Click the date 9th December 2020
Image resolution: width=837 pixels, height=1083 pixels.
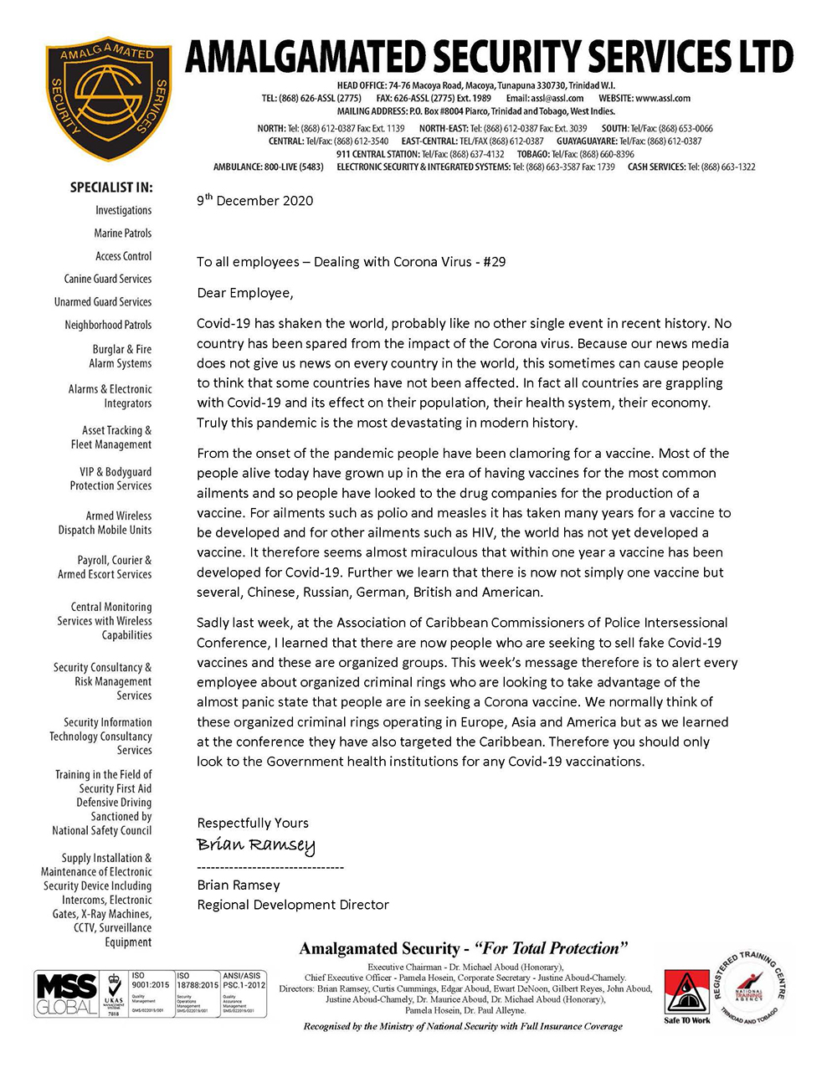254,201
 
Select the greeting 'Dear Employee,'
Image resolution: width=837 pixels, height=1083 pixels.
245,293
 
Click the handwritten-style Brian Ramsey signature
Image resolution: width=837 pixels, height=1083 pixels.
256,844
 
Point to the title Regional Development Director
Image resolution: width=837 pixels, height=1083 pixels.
293,905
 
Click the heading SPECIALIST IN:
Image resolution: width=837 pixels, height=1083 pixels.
111,187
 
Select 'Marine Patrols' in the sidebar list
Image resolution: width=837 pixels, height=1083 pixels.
123,234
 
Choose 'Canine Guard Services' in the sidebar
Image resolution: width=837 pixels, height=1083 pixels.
108,279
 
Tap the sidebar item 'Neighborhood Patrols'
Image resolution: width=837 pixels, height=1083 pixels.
108,325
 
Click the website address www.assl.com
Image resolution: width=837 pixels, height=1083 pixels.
663,98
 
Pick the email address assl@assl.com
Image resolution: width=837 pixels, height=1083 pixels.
557,98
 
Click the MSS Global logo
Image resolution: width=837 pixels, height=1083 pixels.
67,994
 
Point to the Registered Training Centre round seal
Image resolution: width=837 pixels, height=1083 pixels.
749,987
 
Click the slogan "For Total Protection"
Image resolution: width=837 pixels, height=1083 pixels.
551,949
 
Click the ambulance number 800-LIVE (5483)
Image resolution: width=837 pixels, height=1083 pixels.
293,167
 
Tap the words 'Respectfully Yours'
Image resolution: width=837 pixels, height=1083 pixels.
253,823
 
